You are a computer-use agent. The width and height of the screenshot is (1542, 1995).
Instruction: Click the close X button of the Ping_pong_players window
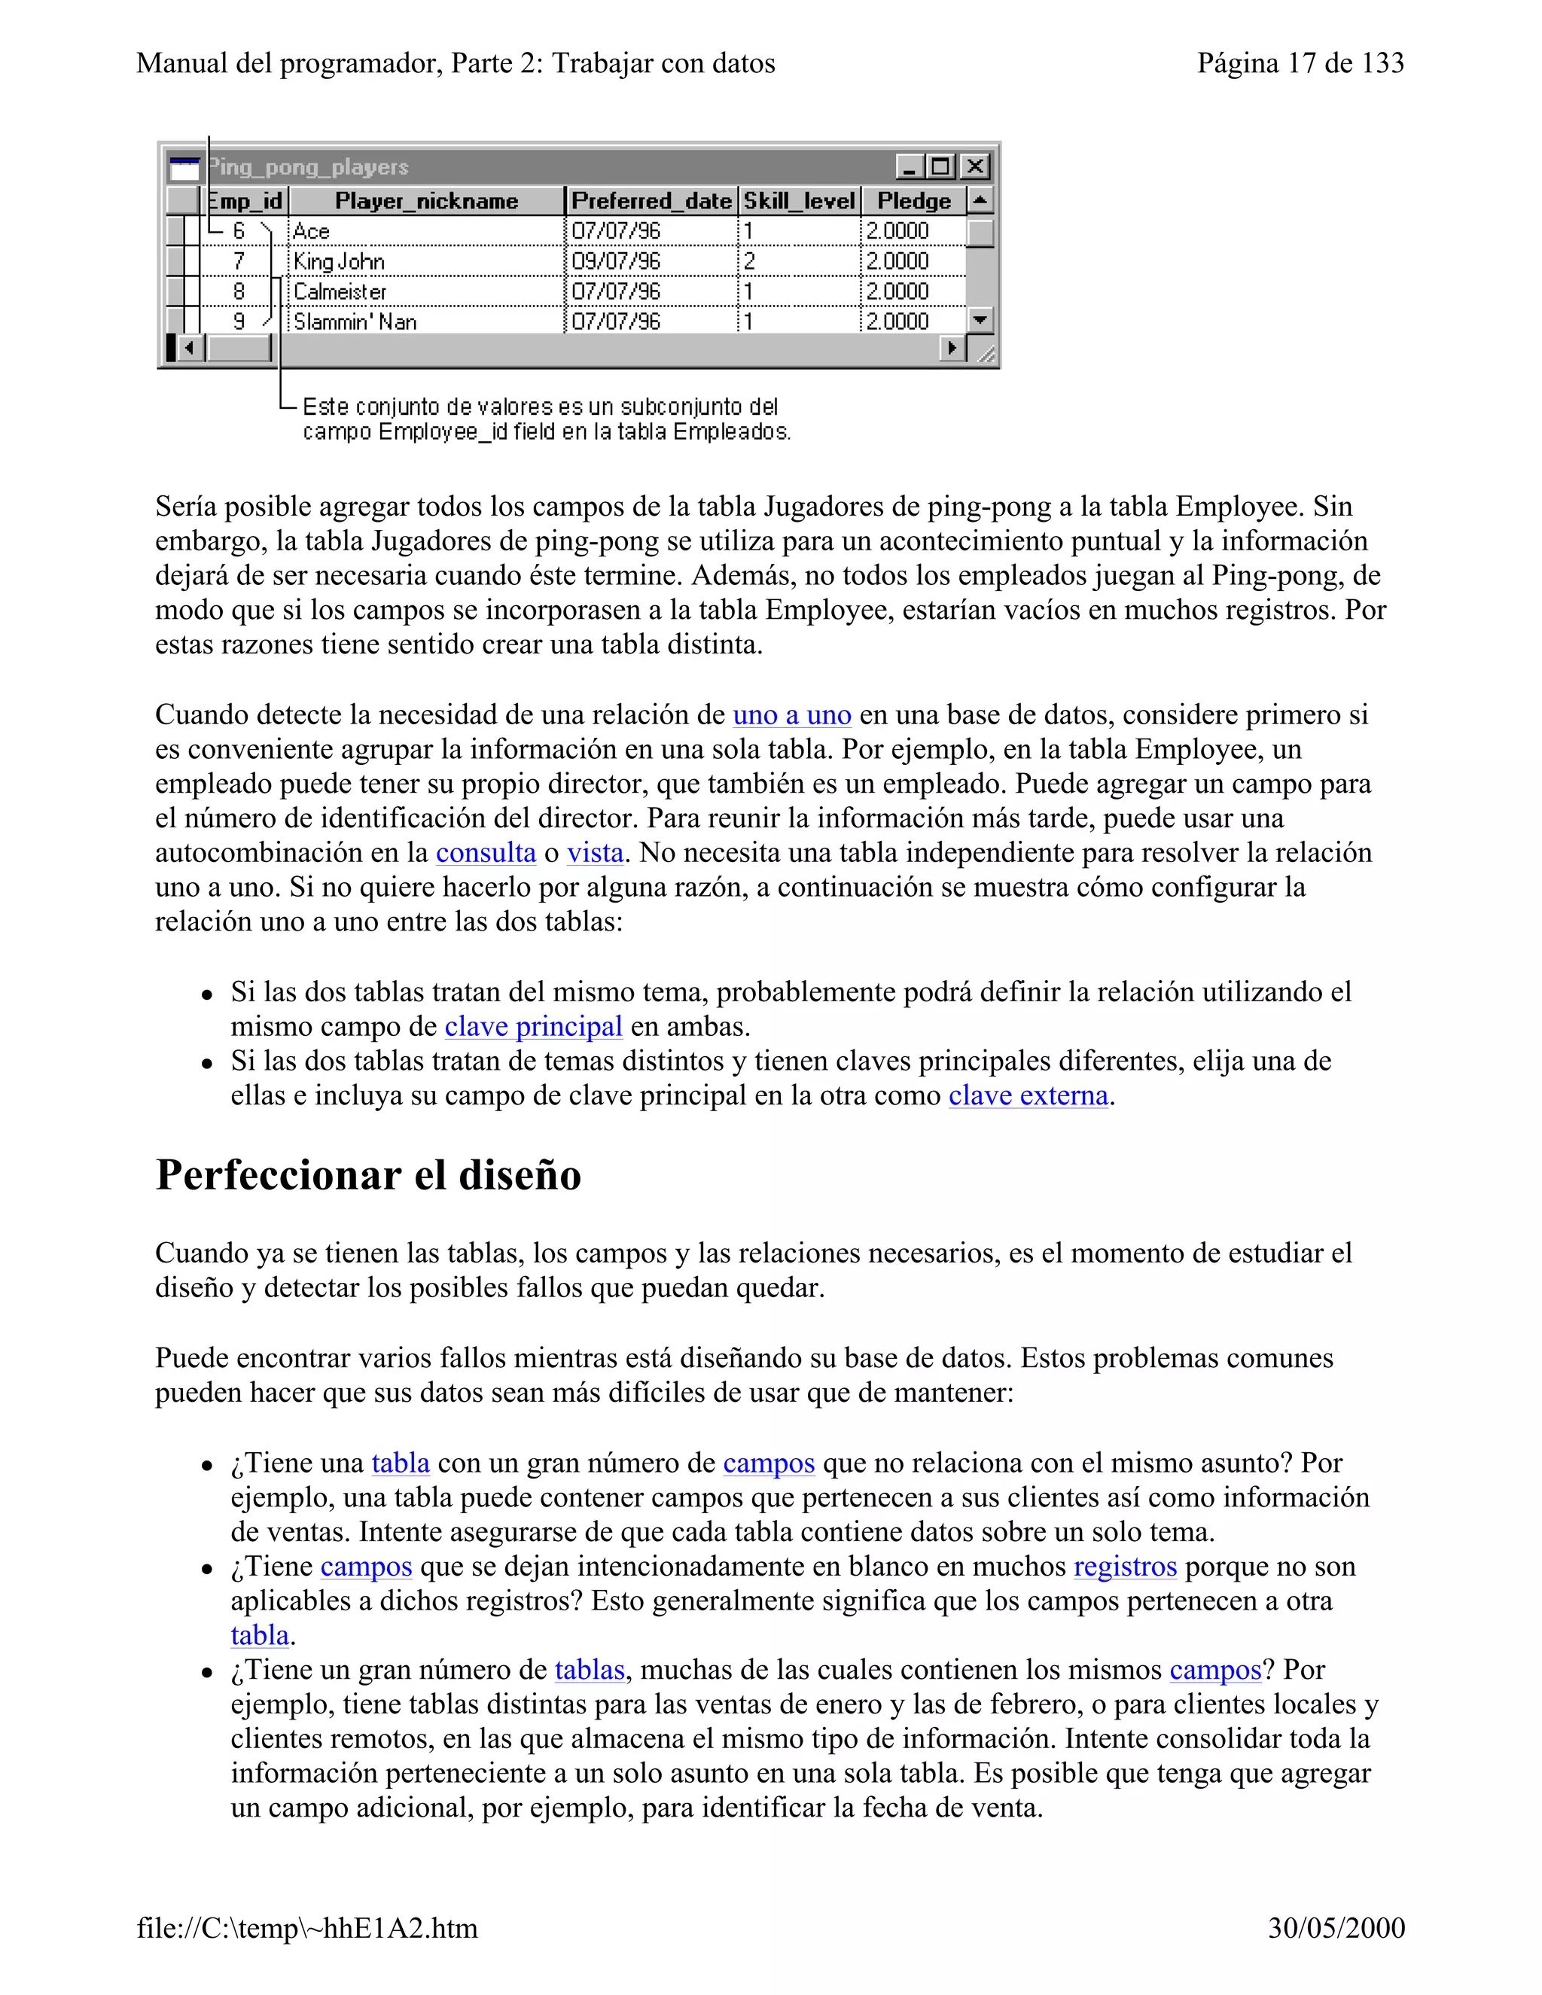point(976,166)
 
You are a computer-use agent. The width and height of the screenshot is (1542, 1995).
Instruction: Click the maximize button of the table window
point(940,166)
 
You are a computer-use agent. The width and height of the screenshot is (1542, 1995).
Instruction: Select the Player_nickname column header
point(427,201)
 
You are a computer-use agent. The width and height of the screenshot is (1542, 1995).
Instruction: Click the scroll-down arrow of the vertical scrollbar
point(980,320)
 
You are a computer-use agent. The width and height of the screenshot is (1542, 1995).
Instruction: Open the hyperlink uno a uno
point(792,715)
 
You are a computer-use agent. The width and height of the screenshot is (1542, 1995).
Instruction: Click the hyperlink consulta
point(485,853)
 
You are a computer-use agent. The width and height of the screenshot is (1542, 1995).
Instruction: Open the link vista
point(595,853)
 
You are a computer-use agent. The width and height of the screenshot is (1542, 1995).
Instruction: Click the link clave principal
point(534,1027)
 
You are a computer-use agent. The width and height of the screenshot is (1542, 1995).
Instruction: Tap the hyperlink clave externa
point(1028,1095)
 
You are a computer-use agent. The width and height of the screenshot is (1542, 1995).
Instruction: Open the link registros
point(1125,1567)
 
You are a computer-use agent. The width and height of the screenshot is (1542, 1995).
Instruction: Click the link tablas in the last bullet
point(590,1670)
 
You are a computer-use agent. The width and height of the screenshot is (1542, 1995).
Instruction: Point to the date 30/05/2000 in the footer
point(1336,1927)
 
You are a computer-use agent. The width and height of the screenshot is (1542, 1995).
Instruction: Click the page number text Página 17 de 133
point(1300,63)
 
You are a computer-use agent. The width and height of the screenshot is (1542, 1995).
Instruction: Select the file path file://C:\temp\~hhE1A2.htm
point(307,1927)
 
